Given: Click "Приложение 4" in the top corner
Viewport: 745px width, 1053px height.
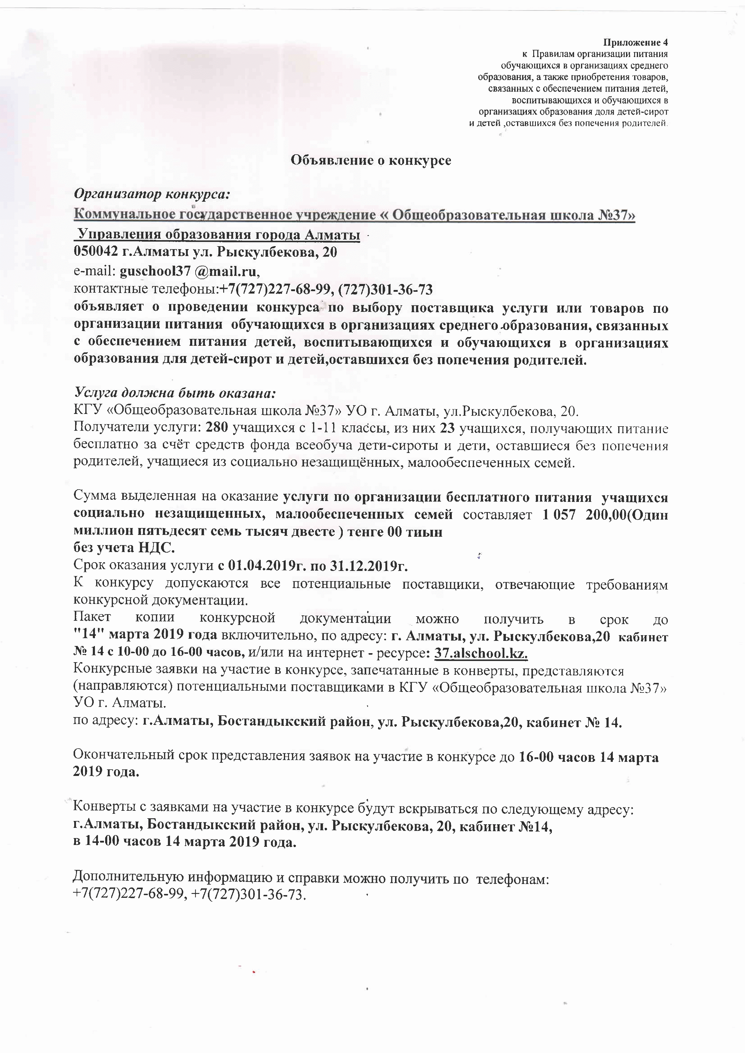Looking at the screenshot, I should click(635, 43).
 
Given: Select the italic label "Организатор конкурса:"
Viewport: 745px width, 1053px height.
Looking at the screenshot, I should click(151, 194).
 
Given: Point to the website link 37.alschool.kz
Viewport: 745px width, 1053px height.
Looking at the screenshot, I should click(481, 653).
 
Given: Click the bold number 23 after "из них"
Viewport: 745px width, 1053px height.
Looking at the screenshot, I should click(447, 428).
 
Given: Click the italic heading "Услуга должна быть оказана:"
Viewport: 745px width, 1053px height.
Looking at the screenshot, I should click(175, 393).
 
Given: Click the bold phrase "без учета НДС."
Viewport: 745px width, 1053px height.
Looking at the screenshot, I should click(124, 548).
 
